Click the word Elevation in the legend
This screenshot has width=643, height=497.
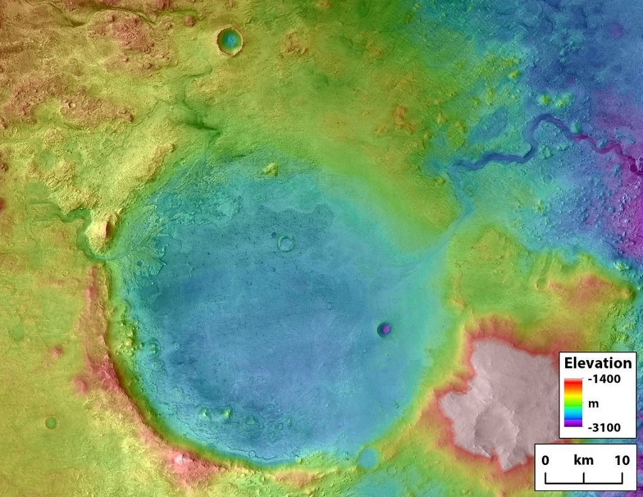tap(598, 363)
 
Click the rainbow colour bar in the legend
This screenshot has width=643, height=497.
tap(573, 403)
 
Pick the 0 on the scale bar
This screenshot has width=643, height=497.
tap(545, 461)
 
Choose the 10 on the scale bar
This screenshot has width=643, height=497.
tap(622, 461)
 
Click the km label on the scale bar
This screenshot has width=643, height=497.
tap(583, 461)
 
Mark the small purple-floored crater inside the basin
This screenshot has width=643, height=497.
tap(385, 329)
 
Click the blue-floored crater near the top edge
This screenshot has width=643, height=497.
tap(229, 41)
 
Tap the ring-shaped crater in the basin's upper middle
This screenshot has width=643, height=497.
tap(286, 243)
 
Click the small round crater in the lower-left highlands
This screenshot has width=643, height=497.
tap(51, 422)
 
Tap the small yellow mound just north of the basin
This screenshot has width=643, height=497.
tap(271, 168)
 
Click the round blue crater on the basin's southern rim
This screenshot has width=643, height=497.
tap(368, 457)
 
